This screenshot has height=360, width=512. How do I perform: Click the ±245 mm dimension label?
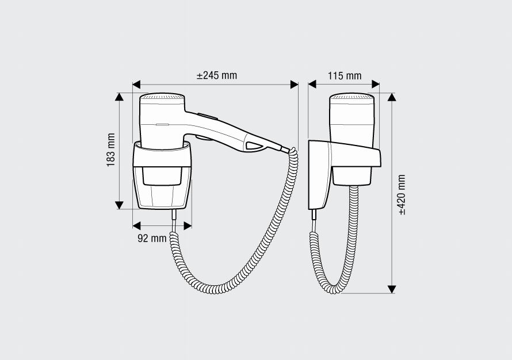pos(217,75)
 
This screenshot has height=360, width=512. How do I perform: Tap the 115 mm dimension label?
pos(345,76)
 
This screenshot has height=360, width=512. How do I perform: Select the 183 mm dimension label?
pos(111,150)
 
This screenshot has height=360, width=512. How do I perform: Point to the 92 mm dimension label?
pos(152,238)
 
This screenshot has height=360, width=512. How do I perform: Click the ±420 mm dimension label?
pos(402,195)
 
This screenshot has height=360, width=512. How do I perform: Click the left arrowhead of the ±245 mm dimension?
pos(136,85)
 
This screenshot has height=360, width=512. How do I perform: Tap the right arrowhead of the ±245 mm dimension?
pos(294,85)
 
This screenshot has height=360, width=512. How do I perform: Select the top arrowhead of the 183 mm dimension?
pos(120,97)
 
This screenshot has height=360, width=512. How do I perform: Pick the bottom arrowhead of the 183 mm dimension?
pos(120,205)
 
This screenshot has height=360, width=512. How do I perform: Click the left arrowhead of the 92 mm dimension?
pos(137,225)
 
